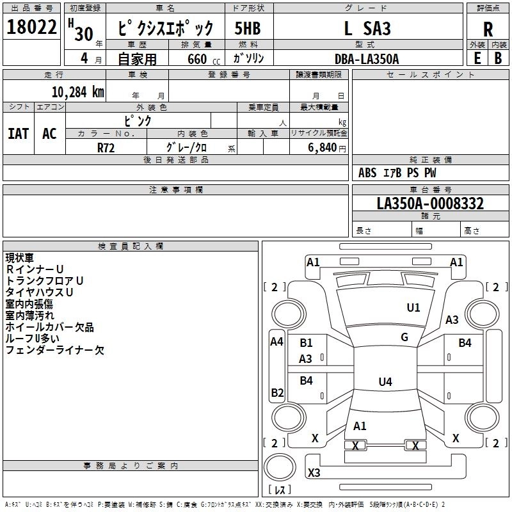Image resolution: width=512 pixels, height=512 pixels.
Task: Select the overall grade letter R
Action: point(488,29)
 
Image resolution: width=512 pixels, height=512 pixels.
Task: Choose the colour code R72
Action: point(106,147)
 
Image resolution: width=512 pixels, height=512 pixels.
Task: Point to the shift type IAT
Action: point(18,134)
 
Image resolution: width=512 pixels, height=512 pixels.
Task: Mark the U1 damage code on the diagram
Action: point(413,308)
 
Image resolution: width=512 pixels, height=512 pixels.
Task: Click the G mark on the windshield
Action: point(404,337)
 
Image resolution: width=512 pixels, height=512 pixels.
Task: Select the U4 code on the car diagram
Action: point(385,382)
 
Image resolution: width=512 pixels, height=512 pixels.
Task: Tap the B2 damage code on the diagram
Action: point(276,392)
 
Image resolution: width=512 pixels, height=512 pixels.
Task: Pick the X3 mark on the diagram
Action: point(314,473)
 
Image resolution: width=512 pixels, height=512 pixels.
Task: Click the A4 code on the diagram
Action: point(276,342)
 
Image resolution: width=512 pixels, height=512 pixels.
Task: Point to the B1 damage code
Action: point(306,343)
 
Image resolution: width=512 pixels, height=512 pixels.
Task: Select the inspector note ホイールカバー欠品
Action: point(50,327)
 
